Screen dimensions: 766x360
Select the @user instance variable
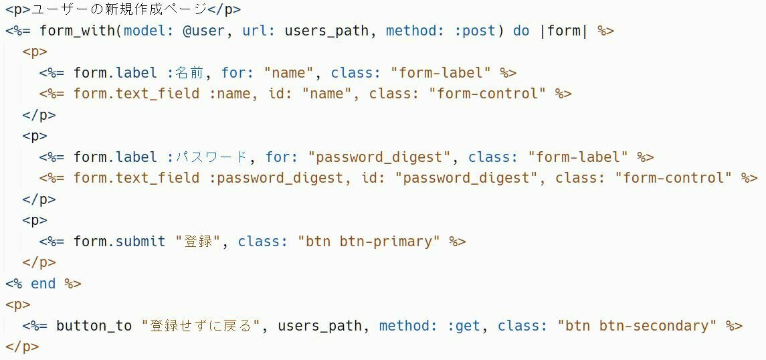[x=204, y=31]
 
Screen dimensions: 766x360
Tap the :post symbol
[x=476, y=31]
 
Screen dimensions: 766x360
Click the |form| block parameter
[x=563, y=31]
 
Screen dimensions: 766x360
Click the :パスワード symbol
[x=207, y=157]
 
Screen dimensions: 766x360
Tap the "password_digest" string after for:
[x=379, y=157]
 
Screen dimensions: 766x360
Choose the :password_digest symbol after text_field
[x=280, y=178]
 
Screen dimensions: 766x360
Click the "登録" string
[x=198, y=242]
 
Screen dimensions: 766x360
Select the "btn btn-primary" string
[x=369, y=242]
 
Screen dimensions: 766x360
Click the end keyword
[x=43, y=284]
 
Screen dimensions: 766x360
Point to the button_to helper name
[x=94, y=326]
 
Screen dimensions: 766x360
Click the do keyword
[x=522, y=31]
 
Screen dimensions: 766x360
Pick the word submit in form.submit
[x=140, y=242]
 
